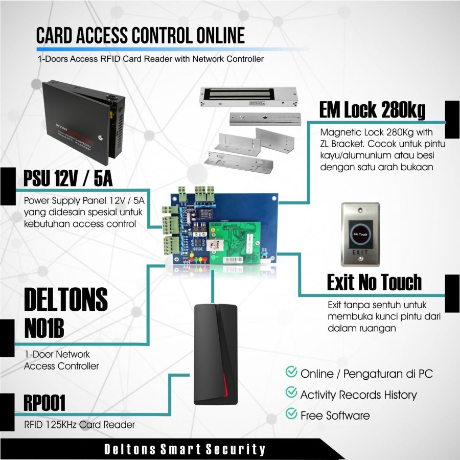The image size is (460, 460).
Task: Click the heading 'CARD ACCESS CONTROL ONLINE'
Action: pos(141,36)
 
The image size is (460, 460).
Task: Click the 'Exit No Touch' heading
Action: pos(374,282)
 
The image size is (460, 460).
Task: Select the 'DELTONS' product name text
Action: pos(66,300)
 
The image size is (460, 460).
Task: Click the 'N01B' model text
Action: pos(44,328)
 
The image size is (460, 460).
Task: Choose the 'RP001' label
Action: pos(44,404)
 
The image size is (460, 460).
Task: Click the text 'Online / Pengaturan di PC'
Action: pos(366,374)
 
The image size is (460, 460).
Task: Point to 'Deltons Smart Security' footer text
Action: pos(185,450)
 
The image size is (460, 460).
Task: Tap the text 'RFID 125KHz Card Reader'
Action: pos(80,424)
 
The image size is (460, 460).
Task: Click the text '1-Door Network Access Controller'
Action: pos(61,360)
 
